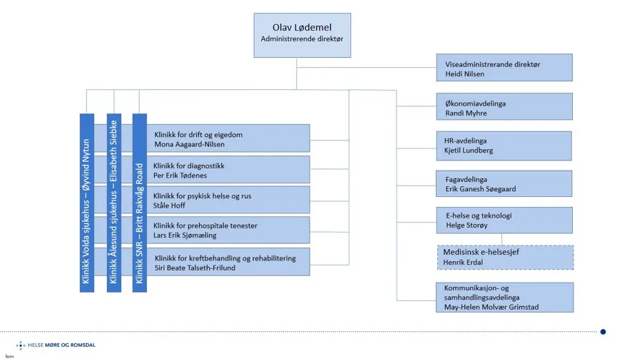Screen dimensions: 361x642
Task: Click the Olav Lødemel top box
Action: point(302,34)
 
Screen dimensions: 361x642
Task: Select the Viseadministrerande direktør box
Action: point(504,68)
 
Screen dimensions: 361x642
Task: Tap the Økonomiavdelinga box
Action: point(504,107)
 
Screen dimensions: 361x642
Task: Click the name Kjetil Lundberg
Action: point(469,151)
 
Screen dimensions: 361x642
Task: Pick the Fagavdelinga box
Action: point(504,184)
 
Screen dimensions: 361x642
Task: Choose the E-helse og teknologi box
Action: point(504,220)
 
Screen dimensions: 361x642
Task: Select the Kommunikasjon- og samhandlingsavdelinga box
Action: point(504,298)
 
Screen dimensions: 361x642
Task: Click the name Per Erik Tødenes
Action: point(179,175)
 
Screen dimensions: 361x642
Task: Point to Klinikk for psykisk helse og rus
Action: point(202,195)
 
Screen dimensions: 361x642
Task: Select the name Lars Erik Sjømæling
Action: point(185,235)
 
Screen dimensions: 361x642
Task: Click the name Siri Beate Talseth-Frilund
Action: point(195,268)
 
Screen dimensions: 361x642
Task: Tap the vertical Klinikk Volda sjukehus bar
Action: point(86,203)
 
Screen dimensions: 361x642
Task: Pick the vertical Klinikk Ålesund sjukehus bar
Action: point(113,203)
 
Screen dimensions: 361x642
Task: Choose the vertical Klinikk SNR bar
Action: point(140,203)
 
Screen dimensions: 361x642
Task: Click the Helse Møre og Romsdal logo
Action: point(56,345)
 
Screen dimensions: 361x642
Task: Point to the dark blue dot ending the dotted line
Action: point(603,332)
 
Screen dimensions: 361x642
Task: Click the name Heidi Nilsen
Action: point(464,73)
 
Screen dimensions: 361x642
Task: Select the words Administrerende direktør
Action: point(302,39)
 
